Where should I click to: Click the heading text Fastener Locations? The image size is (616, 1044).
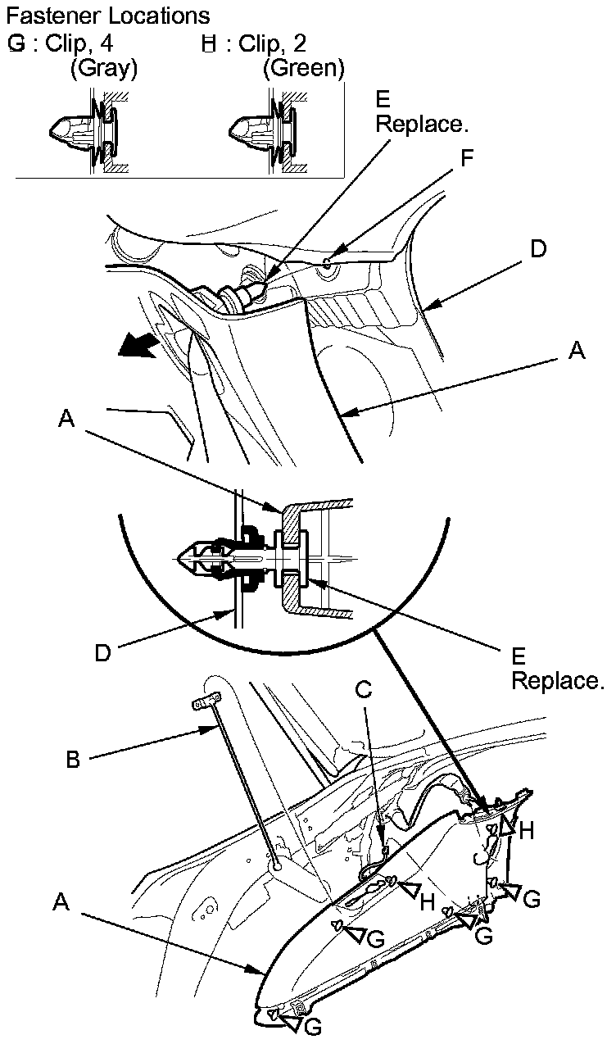point(107,16)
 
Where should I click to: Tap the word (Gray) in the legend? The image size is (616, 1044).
point(103,69)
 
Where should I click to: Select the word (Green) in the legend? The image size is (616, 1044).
point(303,69)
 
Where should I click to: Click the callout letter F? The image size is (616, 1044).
point(466,159)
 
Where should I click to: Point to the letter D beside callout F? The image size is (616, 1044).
point(537,248)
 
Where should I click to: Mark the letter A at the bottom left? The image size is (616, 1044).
point(59,901)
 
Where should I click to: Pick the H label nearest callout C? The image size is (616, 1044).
point(427,901)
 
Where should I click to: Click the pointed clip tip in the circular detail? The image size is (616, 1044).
point(185,556)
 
